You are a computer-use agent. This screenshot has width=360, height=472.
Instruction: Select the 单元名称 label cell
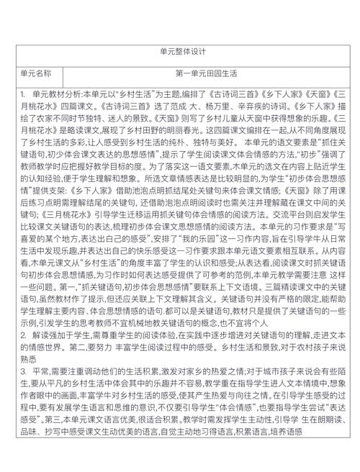pyautogui.click(x=36, y=74)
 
